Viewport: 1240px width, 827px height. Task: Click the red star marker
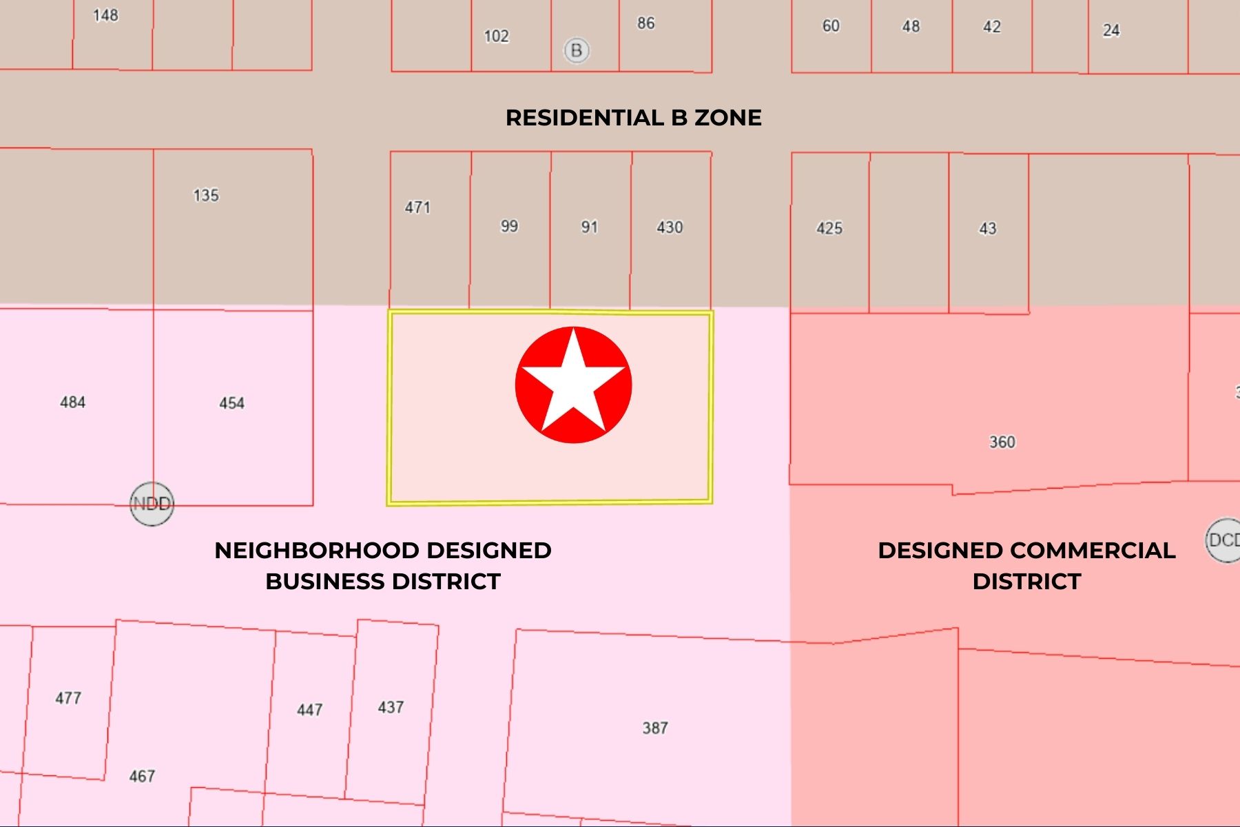tap(573, 385)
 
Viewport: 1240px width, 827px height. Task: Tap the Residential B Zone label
tap(633, 118)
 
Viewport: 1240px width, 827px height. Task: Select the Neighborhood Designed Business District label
tap(383, 566)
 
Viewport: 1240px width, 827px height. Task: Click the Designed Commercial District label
tap(1026, 566)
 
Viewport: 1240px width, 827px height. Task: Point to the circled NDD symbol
tap(152, 504)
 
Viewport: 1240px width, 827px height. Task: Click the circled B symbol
tap(577, 50)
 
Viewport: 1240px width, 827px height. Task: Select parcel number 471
tap(417, 207)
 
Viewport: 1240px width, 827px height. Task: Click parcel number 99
tap(509, 226)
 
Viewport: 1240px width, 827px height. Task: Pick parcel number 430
tap(670, 227)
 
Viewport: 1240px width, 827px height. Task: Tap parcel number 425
tap(829, 228)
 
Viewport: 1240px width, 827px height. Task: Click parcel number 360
tap(1002, 442)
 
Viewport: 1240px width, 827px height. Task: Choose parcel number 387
tap(655, 728)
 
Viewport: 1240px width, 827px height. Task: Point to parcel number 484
tap(73, 402)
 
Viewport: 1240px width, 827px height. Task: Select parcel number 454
tap(231, 403)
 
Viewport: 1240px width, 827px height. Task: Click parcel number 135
tap(206, 195)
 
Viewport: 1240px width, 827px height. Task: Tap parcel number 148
tap(105, 15)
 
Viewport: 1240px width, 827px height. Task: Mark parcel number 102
tap(496, 36)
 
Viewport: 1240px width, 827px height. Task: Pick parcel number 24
tap(1111, 30)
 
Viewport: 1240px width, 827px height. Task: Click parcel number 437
tap(391, 707)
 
